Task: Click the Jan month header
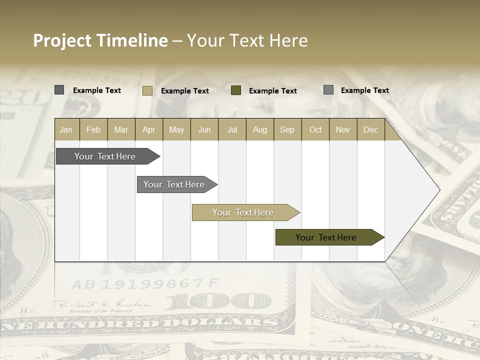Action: [x=66, y=130]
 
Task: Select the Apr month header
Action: [x=149, y=130]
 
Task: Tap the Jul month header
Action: [x=232, y=130]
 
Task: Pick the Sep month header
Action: [x=287, y=130]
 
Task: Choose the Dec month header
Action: [x=370, y=130]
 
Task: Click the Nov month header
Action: [x=342, y=130]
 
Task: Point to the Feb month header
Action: [x=93, y=130]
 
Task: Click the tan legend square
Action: [x=147, y=90]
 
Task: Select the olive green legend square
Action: [x=236, y=90]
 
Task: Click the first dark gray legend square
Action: [x=59, y=90]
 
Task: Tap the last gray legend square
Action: [x=328, y=90]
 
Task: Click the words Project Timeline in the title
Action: [x=100, y=40]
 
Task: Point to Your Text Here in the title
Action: [x=247, y=40]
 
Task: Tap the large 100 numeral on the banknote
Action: [x=220, y=301]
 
